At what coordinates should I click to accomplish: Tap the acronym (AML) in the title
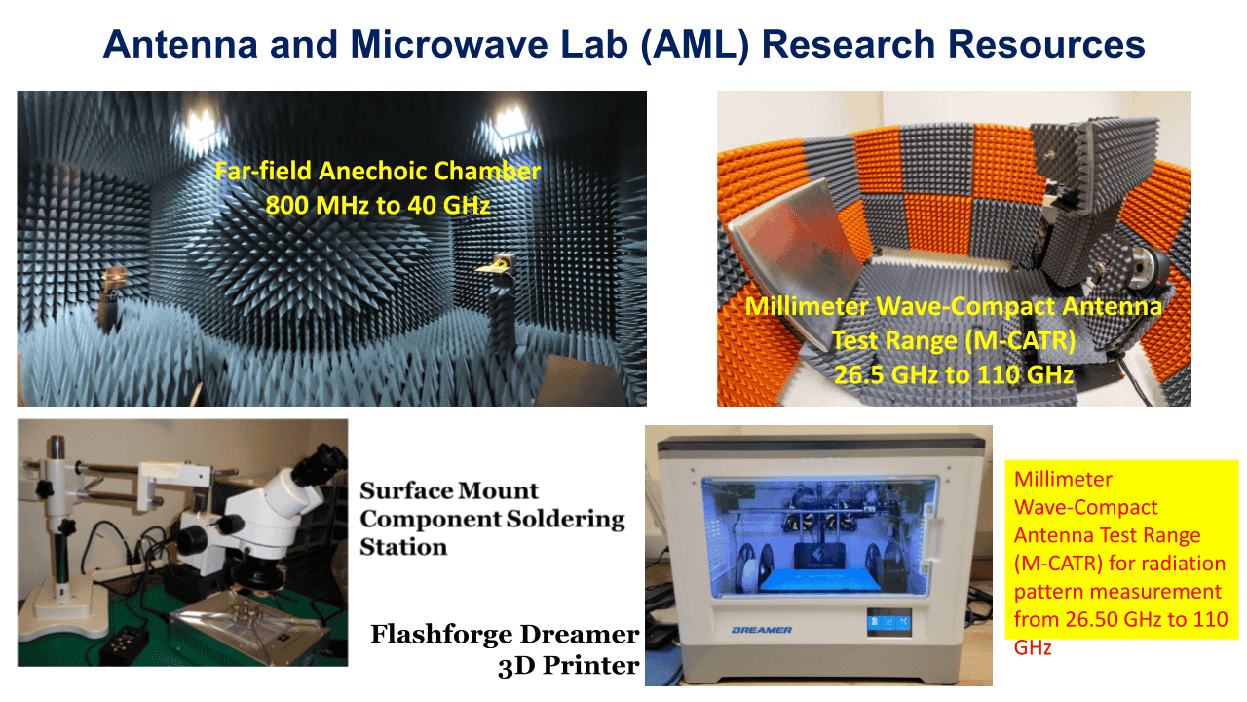691,45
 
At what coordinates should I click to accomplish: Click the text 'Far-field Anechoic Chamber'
378,173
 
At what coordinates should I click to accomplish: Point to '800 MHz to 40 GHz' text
378,207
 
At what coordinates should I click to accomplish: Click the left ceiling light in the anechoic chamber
202,122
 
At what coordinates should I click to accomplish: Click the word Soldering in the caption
565,519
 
